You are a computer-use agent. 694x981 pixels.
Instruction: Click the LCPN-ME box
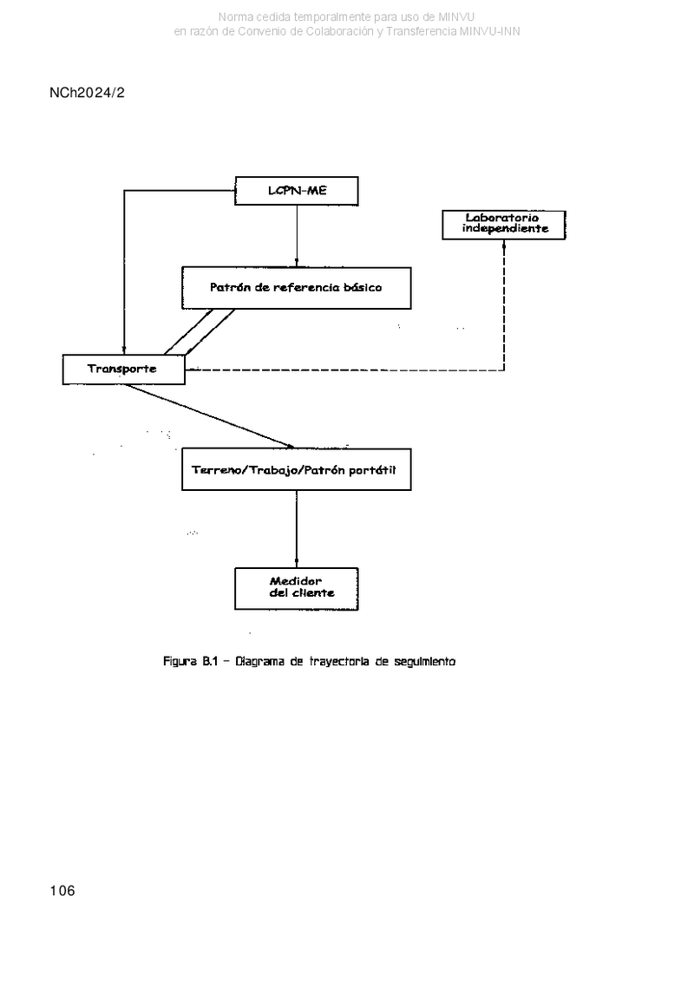pyautogui.click(x=297, y=191)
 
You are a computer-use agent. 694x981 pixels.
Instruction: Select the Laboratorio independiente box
pyautogui.click(x=504, y=225)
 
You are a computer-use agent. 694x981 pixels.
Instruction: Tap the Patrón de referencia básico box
pyautogui.click(x=296, y=288)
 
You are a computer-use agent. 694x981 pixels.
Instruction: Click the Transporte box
pyautogui.click(x=124, y=370)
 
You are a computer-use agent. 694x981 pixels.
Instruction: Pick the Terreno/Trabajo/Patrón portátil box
pyautogui.click(x=296, y=469)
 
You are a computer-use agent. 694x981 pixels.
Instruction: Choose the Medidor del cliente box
pyautogui.click(x=297, y=589)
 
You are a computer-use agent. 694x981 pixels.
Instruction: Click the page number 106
pyautogui.click(x=62, y=890)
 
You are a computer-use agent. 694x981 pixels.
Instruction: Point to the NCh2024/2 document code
pyautogui.click(x=87, y=93)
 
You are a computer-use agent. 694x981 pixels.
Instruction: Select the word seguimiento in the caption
pyautogui.click(x=424, y=661)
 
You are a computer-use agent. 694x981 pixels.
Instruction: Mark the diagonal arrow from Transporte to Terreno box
pyautogui.click(x=208, y=416)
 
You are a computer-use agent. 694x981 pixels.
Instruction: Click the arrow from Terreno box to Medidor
pyautogui.click(x=297, y=528)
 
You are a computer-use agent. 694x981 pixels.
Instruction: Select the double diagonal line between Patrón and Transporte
pyautogui.click(x=200, y=331)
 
